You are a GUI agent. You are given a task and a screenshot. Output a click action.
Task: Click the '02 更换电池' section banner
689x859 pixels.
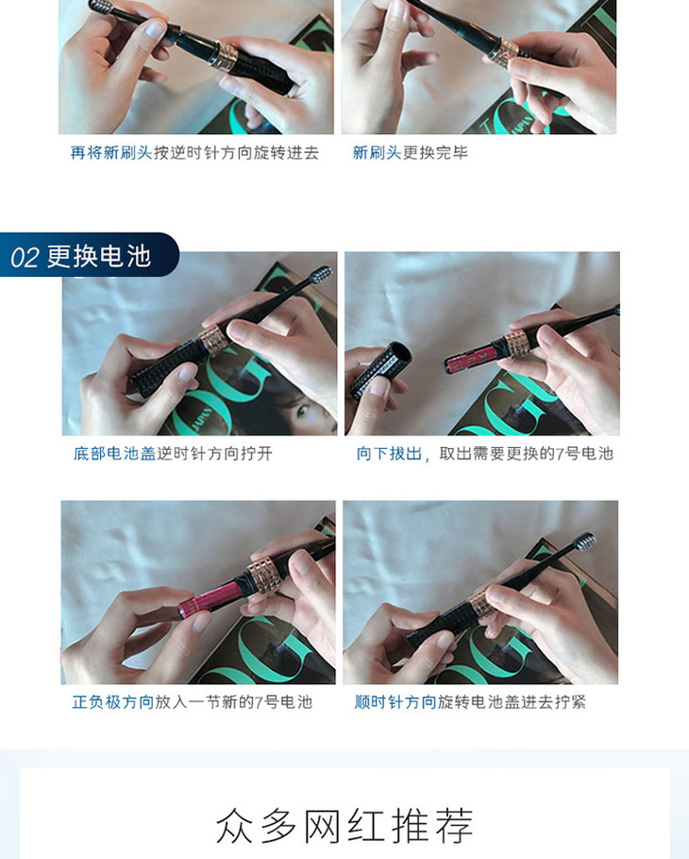(90, 255)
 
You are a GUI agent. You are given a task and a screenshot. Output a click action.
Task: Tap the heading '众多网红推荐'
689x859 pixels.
(344, 825)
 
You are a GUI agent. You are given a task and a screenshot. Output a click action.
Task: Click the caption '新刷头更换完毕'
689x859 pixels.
(410, 152)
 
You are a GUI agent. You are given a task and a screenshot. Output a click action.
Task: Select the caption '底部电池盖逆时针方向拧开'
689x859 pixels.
(173, 453)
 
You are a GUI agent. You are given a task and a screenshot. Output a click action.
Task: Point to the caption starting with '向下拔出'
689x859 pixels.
(485, 453)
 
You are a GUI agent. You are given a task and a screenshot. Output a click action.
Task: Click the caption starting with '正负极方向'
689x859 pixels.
(193, 702)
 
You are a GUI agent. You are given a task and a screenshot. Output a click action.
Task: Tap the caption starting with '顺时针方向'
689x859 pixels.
(470, 702)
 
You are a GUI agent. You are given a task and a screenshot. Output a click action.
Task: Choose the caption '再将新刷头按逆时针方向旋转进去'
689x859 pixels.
(194, 152)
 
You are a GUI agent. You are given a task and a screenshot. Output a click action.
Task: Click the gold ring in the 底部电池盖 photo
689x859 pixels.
(213, 339)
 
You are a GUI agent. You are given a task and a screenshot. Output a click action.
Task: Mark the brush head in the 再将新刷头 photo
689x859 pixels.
(101, 7)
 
